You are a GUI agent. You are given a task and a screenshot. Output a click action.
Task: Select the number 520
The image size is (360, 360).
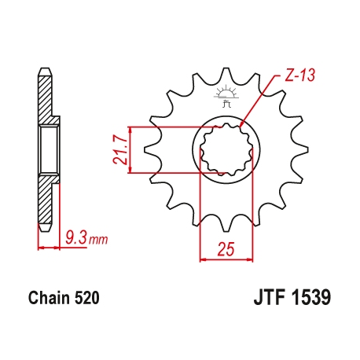coord(84,299)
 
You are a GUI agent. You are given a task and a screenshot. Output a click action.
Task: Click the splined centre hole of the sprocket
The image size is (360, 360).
coord(226,149)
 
